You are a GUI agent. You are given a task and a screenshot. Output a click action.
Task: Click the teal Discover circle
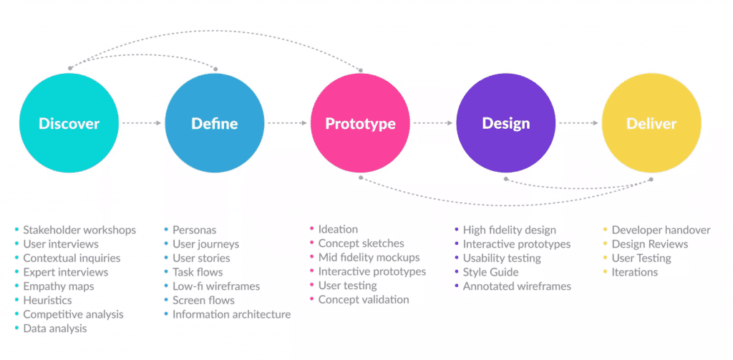click(69, 123)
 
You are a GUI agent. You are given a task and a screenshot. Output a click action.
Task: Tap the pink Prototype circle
click(360, 123)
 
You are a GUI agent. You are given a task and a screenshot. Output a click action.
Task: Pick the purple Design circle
click(506, 123)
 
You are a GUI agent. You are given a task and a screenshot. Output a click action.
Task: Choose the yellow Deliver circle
click(651, 123)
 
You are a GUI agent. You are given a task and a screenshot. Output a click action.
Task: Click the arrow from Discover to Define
click(142, 123)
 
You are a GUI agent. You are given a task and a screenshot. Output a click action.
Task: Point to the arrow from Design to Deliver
click(578, 123)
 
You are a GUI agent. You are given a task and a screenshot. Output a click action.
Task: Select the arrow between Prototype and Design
click(433, 123)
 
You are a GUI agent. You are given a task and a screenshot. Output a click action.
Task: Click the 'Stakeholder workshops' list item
click(79, 230)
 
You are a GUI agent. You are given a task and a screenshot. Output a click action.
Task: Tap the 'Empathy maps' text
click(58, 286)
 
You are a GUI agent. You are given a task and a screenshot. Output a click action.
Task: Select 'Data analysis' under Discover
click(54, 329)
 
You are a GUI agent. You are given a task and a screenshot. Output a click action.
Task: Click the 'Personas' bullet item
click(194, 230)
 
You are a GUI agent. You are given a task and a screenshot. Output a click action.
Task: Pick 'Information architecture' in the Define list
click(231, 314)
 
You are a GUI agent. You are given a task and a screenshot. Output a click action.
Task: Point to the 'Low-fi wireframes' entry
click(216, 286)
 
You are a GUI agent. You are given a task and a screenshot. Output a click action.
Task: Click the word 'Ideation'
click(338, 229)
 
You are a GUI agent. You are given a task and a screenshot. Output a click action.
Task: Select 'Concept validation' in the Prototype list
click(364, 299)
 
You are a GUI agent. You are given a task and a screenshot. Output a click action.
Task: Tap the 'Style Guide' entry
click(490, 272)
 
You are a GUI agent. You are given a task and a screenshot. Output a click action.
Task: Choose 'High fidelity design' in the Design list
click(509, 230)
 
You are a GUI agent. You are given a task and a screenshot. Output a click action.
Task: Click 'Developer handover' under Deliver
click(661, 230)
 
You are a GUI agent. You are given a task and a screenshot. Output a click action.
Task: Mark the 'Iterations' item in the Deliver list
click(634, 272)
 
